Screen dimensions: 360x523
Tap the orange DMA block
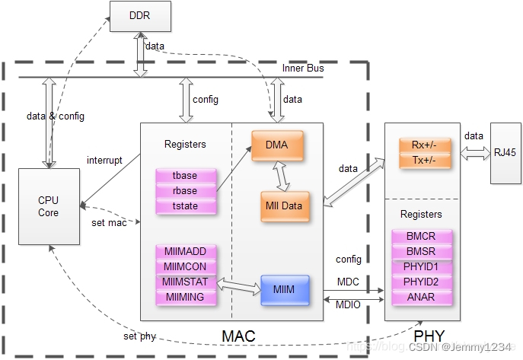(x=276, y=145)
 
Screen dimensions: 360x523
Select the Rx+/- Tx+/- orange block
(x=422, y=153)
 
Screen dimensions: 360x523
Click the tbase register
(x=186, y=177)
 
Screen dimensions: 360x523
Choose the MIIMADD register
(x=186, y=252)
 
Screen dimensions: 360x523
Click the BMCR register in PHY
(x=422, y=237)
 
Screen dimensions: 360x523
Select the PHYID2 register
(x=422, y=282)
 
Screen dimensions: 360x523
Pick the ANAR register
(x=422, y=297)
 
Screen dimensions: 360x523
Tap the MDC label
(x=347, y=282)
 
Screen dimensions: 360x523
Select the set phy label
(x=139, y=336)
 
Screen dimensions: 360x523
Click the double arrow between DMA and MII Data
(x=282, y=175)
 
